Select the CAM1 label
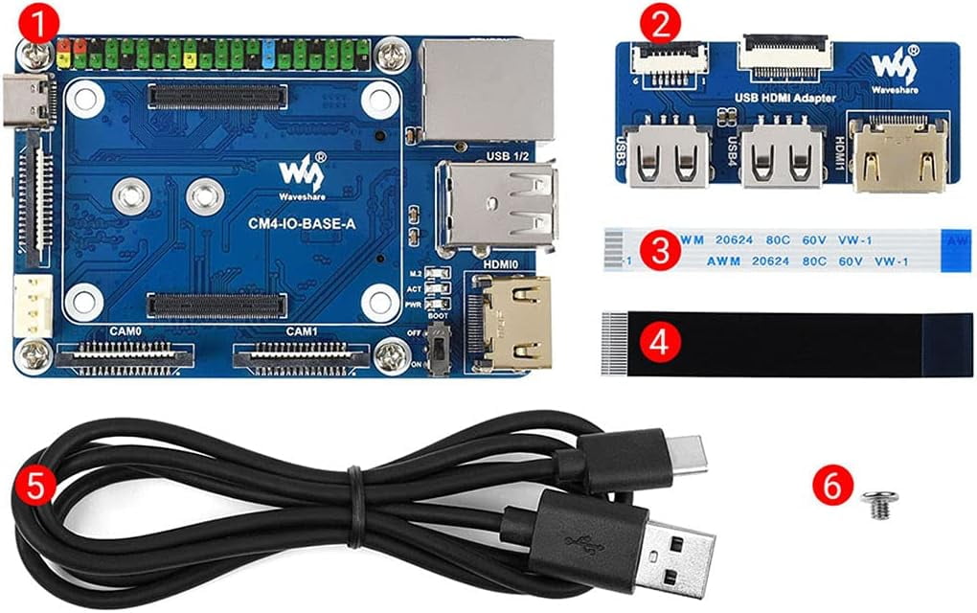tap(303, 331)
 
